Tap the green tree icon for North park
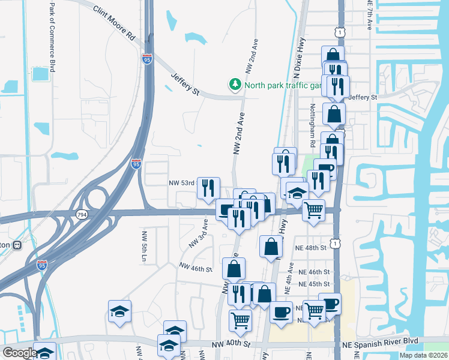[236, 85]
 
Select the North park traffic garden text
[283, 85]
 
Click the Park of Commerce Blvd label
[52, 36]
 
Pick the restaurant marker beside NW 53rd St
[208, 187]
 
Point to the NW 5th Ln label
[144, 246]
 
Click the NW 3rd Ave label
[198, 233]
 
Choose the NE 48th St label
[310, 247]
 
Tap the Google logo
[19, 353]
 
